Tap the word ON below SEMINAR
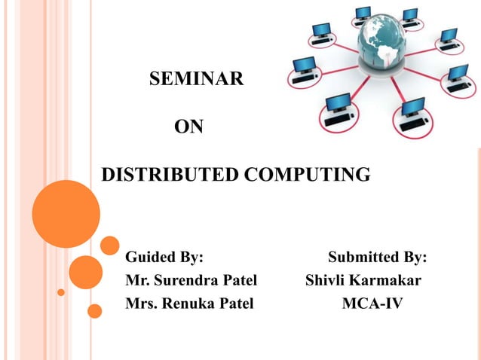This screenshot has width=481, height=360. coord(188,127)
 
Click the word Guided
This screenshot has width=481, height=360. coord(152,258)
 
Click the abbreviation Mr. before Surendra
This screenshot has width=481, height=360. coord(138,281)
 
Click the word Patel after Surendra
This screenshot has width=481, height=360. coord(239,281)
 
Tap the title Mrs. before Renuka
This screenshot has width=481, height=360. coord(142,304)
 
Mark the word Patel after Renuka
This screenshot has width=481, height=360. coord(237,304)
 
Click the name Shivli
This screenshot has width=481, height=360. coord(325,281)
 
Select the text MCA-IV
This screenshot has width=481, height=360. coord(372,304)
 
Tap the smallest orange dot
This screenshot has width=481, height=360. coord(61,291)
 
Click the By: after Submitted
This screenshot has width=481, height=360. coord(415,258)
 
